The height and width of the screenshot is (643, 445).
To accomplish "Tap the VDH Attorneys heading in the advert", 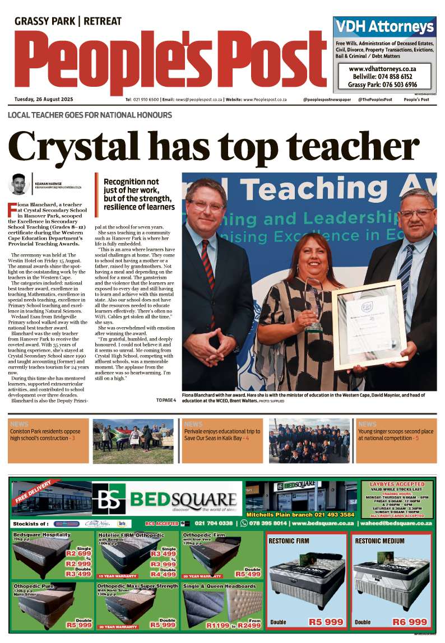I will [384, 27].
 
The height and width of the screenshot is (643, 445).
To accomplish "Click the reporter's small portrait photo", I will [19, 184].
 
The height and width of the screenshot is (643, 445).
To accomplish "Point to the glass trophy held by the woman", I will [314, 302].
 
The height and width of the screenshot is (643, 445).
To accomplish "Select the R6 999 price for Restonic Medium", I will [410, 622].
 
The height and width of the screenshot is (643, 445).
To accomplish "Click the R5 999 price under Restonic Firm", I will [326, 622].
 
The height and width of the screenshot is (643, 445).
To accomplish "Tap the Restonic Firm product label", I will [289, 541].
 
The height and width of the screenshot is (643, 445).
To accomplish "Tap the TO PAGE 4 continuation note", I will [166, 400].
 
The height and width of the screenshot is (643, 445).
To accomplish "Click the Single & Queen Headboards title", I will [219, 586].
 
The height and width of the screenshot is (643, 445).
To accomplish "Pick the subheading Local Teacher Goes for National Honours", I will [90, 115].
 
